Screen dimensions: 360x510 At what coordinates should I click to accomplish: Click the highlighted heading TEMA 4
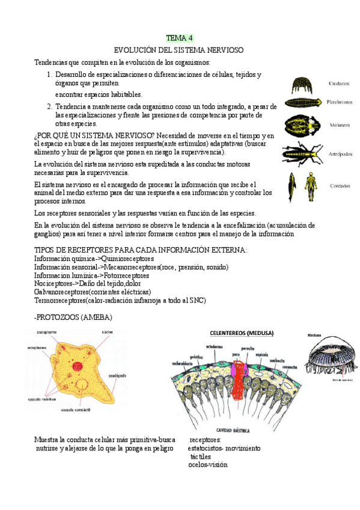click(x=180, y=38)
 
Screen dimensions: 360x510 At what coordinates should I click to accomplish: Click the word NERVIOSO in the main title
click(x=222, y=50)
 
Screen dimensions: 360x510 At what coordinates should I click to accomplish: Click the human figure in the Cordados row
click(x=310, y=187)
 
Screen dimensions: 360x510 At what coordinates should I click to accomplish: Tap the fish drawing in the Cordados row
click(x=292, y=187)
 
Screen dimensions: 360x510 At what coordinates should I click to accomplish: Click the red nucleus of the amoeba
click(x=77, y=365)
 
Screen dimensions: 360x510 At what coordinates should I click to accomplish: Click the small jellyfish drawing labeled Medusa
click(x=329, y=361)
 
